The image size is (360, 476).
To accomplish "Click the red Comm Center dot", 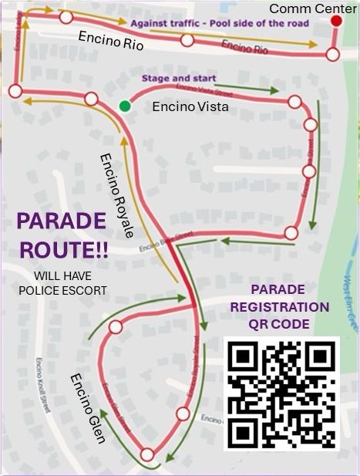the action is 336,21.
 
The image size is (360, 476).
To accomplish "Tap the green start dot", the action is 124,105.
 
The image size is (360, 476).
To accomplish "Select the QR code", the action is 281,393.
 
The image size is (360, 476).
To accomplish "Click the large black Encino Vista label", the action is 190,106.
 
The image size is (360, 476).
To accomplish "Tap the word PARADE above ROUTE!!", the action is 61,221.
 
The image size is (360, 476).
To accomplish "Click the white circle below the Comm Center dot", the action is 332,54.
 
